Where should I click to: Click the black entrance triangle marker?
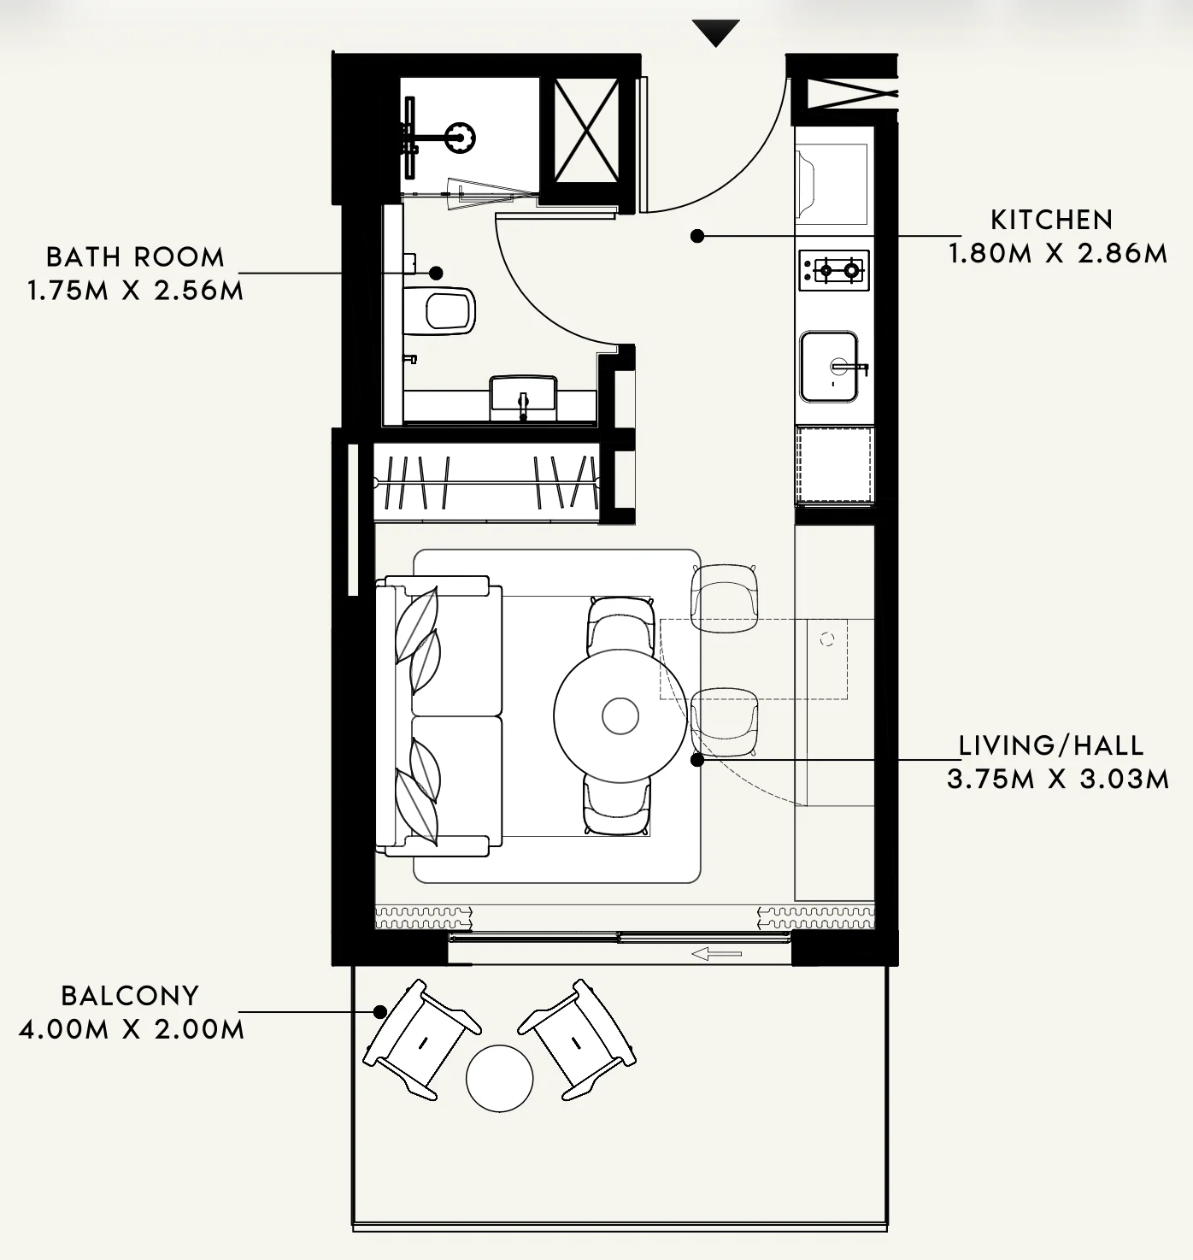pyautogui.click(x=715, y=32)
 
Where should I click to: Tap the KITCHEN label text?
pyautogui.click(x=1052, y=220)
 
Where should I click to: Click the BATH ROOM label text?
pyautogui.click(x=135, y=257)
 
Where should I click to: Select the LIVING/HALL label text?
pyautogui.click(x=1051, y=745)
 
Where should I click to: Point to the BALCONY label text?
pyautogui.click(x=130, y=995)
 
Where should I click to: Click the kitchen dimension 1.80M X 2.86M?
pyautogui.click(x=1058, y=254)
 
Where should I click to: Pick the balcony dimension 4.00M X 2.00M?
pyautogui.click(x=132, y=1029)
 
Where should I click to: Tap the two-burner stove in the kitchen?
pyautogui.click(x=834, y=270)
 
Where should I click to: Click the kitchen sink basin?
pyautogui.click(x=828, y=367)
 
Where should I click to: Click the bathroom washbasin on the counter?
pyautogui.click(x=523, y=397)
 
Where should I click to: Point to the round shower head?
pyautogui.click(x=460, y=137)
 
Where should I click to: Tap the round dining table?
pyautogui.click(x=620, y=715)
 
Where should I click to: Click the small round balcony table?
pyautogui.click(x=500, y=1078)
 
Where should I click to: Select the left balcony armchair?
pyautogui.click(x=422, y=1039)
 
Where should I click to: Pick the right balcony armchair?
pyautogui.click(x=577, y=1039)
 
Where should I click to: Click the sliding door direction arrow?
pyautogui.click(x=716, y=954)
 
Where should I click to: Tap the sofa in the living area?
pyautogui.click(x=439, y=715)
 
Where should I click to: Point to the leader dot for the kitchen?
pyautogui.click(x=697, y=236)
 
